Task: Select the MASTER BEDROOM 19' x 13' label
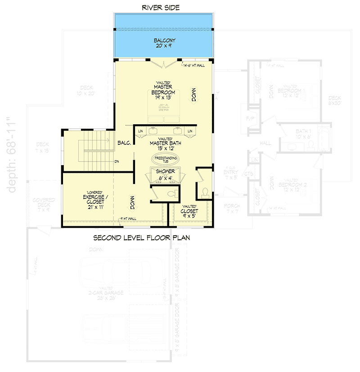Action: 163,90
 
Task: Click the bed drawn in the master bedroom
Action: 163,111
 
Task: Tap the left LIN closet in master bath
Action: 140,131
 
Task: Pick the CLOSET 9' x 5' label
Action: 189,211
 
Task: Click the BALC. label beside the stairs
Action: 124,143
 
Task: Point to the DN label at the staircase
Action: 117,161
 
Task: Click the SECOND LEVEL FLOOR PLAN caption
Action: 141,238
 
